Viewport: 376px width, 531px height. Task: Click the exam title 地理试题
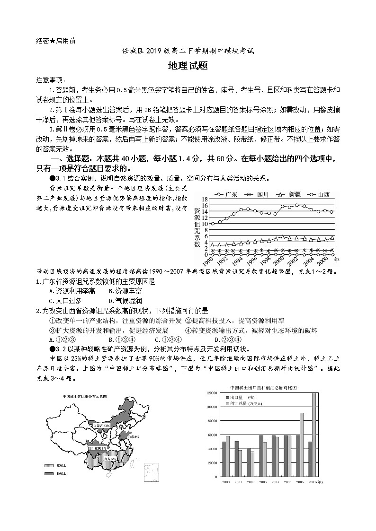click(x=188, y=66)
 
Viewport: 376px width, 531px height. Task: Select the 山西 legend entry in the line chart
click(x=319, y=194)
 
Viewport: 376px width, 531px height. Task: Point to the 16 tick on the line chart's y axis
click(x=205, y=206)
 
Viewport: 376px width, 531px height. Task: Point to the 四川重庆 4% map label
click(x=97, y=447)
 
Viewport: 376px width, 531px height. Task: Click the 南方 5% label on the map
click(x=110, y=459)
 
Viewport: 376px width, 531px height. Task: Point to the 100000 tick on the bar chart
click(x=211, y=407)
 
